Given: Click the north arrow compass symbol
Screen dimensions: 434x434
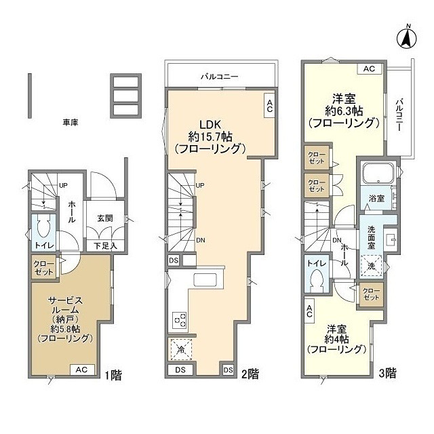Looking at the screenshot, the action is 407,38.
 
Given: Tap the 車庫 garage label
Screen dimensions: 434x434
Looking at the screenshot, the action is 71,122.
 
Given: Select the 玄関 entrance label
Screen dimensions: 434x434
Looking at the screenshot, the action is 105,218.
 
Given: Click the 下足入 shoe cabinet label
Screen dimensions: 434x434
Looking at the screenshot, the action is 105,245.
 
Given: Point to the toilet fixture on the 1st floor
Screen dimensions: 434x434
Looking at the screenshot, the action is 43,226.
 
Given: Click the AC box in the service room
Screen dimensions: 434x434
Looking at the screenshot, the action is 81,370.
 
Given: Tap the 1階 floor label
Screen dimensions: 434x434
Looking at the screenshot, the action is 113,375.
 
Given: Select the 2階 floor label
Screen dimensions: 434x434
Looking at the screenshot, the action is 250,374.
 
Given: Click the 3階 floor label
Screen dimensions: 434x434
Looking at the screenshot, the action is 387,373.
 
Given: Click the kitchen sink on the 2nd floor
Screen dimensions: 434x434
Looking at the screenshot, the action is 205,280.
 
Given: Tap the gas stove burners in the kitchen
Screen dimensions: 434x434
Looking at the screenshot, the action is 179,319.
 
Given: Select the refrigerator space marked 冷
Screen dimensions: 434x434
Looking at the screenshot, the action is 181,350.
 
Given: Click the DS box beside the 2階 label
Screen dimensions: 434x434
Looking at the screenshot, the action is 229,370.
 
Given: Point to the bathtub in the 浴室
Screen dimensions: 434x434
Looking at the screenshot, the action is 378,174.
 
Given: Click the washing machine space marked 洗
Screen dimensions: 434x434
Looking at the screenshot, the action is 371,266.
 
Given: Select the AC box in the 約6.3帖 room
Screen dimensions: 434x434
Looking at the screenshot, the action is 369,69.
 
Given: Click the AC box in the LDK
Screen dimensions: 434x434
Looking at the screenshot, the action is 270,106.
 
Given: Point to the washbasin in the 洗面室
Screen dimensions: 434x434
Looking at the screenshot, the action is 391,238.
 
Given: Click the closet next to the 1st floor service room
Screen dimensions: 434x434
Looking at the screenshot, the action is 43,267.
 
